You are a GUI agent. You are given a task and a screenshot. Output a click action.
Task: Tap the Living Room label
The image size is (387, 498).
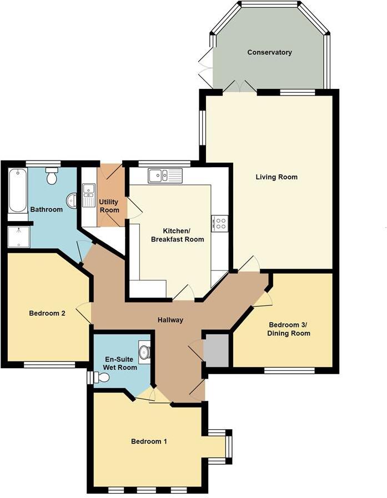click(x=277, y=177)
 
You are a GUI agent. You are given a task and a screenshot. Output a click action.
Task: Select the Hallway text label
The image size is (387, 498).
click(x=169, y=320)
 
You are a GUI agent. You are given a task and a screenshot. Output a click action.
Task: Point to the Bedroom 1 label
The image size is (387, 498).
click(x=149, y=441)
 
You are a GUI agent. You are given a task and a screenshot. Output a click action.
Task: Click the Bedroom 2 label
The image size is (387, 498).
click(x=47, y=313)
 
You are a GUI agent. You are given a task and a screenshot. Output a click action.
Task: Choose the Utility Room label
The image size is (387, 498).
click(x=109, y=206)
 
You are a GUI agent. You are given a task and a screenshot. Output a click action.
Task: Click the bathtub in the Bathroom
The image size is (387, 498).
click(x=18, y=192)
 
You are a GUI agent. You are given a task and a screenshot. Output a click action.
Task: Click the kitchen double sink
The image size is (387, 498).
click(x=165, y=175)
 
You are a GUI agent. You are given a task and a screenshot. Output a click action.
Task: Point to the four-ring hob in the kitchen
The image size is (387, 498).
click(x=220, y=223)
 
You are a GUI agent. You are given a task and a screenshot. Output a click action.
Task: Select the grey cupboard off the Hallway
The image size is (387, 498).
click(x=216, y=350)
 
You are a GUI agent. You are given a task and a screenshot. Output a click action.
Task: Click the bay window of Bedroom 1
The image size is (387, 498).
click(x=228, y=446)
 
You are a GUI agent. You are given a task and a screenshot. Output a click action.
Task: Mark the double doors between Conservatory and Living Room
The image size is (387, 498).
click(x=239, y=87)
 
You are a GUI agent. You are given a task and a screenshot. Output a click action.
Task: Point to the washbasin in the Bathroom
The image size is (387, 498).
click(x=72, y=200)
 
